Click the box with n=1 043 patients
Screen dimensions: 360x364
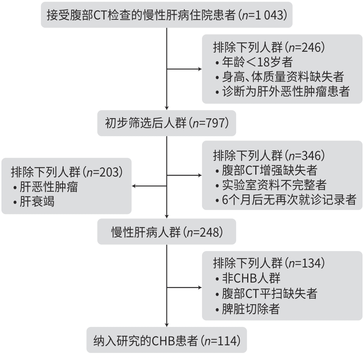coord(166,15)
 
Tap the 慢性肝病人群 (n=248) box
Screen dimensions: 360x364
coord(166,232)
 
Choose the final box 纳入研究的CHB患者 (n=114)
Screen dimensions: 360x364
coord(166,340)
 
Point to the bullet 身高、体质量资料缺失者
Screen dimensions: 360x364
coord(280,77)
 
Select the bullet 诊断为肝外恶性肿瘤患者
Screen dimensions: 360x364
coord(282,92)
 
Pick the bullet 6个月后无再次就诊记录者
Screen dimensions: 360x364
coord(286,200)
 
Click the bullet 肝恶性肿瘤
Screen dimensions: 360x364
coord(46,187)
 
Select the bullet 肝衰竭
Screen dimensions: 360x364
coord(34,202)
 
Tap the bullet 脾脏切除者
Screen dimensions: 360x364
coord(248,309)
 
